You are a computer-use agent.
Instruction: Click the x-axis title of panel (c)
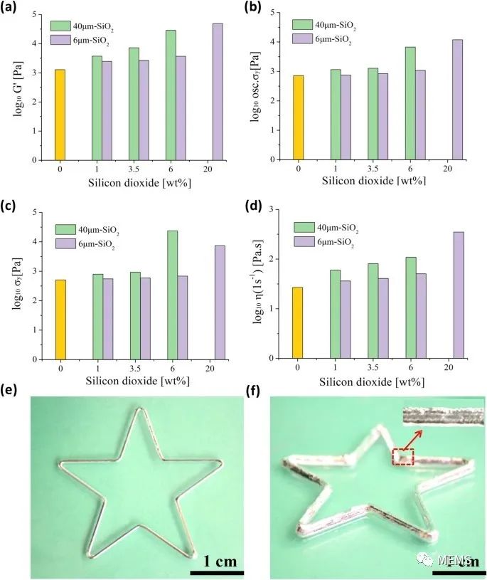[140, 381]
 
